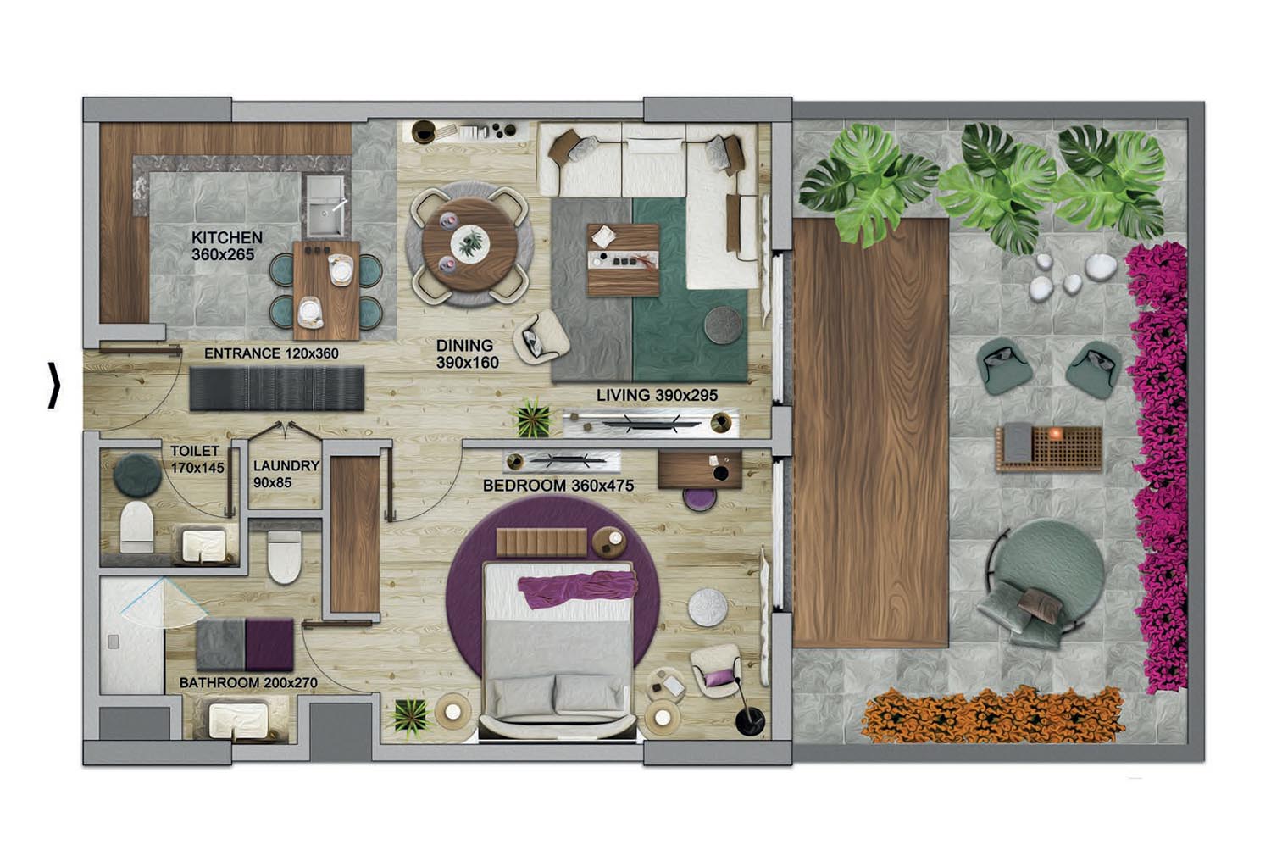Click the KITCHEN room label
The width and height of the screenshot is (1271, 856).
click(x=226, y=238)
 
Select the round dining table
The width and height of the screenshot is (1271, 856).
click(x=469, y=244)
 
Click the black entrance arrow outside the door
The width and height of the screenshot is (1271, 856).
click(x=53, y=385)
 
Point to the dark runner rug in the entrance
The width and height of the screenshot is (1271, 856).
click(x=276, y=387)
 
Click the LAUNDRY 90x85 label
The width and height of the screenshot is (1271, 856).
click(x=286, y=474)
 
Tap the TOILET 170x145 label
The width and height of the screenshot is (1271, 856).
click(x=197, y=459)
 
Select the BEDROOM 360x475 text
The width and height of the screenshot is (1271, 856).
click(x=558, y=486)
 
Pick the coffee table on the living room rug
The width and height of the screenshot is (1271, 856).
click(x=623, y=260)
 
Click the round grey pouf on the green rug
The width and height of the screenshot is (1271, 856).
click(x=723, y=325)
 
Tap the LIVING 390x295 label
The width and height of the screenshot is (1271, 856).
click(x=657, y=395)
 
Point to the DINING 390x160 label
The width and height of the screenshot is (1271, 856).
click(x=467, y=353)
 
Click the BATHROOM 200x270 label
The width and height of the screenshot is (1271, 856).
click(x=248, y=683)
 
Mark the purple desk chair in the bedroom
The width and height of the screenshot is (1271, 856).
click(x=699, y=499)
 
